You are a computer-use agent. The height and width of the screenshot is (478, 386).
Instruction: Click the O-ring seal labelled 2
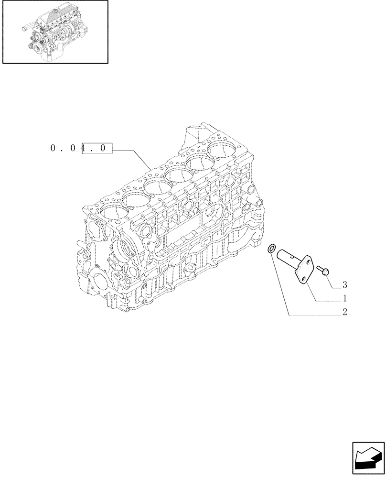pos(271,248)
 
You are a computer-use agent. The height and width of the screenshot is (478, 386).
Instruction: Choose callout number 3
pos(344,285)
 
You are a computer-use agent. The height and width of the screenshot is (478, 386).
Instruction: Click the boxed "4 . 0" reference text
pos(96,149)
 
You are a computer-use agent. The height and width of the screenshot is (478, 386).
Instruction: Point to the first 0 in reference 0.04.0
pos(53,149)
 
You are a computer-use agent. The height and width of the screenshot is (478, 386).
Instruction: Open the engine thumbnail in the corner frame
pos(54,32)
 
